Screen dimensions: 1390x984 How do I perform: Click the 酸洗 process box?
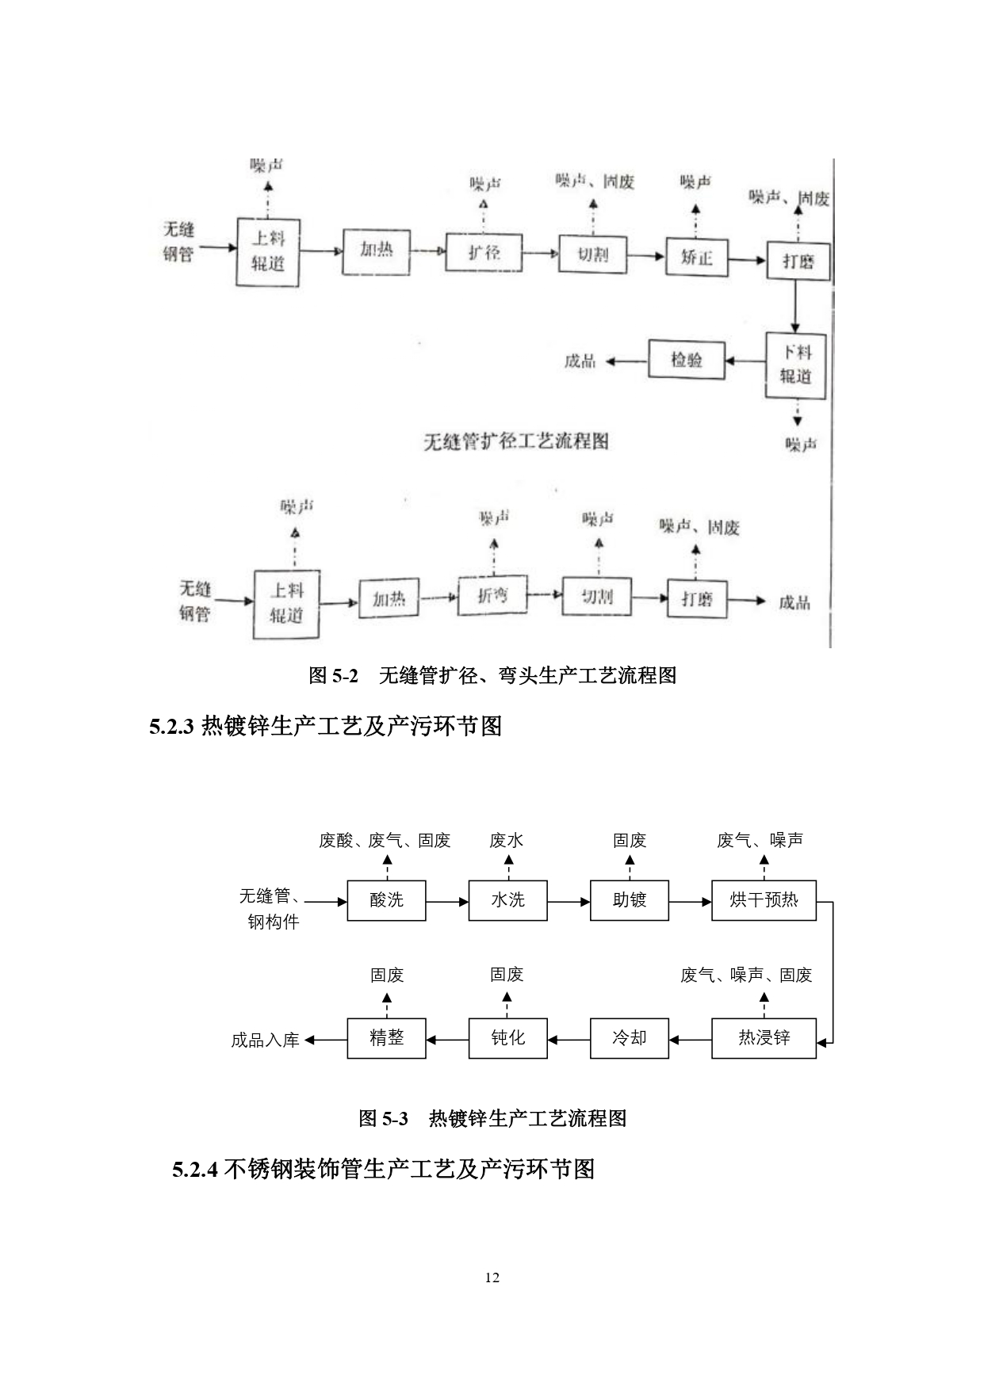point(386,900)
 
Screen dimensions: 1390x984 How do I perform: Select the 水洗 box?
point(507,900)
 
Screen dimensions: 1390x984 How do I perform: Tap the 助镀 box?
point(629,900)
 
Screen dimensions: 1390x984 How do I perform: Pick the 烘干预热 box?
point(763,900)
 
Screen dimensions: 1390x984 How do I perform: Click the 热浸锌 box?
point(763,1038)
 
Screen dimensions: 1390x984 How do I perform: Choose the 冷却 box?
point(629,1038)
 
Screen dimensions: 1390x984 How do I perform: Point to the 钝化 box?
point(507,1038)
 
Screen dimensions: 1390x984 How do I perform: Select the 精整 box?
point(386,1038)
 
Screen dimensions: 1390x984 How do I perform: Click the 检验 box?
point(687,361)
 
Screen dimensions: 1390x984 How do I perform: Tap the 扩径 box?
point(484,253)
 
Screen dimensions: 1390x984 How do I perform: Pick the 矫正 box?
point(697,257)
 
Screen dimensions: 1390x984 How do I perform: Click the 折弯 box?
point(492,594)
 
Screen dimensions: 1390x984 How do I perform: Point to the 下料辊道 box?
point(795,365)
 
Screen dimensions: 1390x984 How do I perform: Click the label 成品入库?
point(265,1041)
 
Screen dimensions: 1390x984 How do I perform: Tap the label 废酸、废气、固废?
point(385,841)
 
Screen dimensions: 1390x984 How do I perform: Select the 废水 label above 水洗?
point(507,841)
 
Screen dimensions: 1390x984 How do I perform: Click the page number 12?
point(492,1277)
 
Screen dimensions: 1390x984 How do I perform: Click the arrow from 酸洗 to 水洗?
point(447,901)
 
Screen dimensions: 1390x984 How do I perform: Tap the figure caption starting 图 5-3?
point(492,1118)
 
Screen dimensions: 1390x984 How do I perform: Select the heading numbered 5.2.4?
point(384,1170)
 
